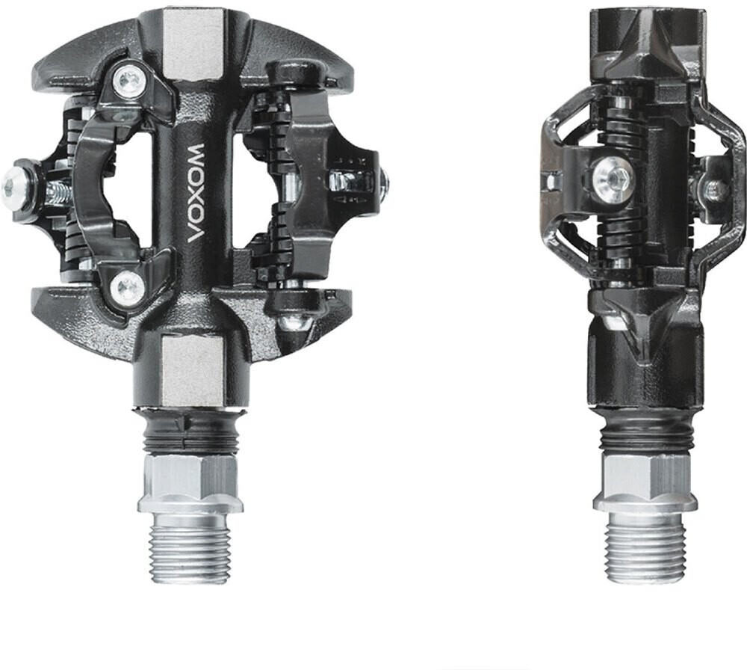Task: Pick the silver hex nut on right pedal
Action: click(x=645, y=480)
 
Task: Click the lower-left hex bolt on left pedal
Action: click(x=128, y=284)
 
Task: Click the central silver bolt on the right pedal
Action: click(x=614, y=179)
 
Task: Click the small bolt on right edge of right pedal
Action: click(x=715, y=190)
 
